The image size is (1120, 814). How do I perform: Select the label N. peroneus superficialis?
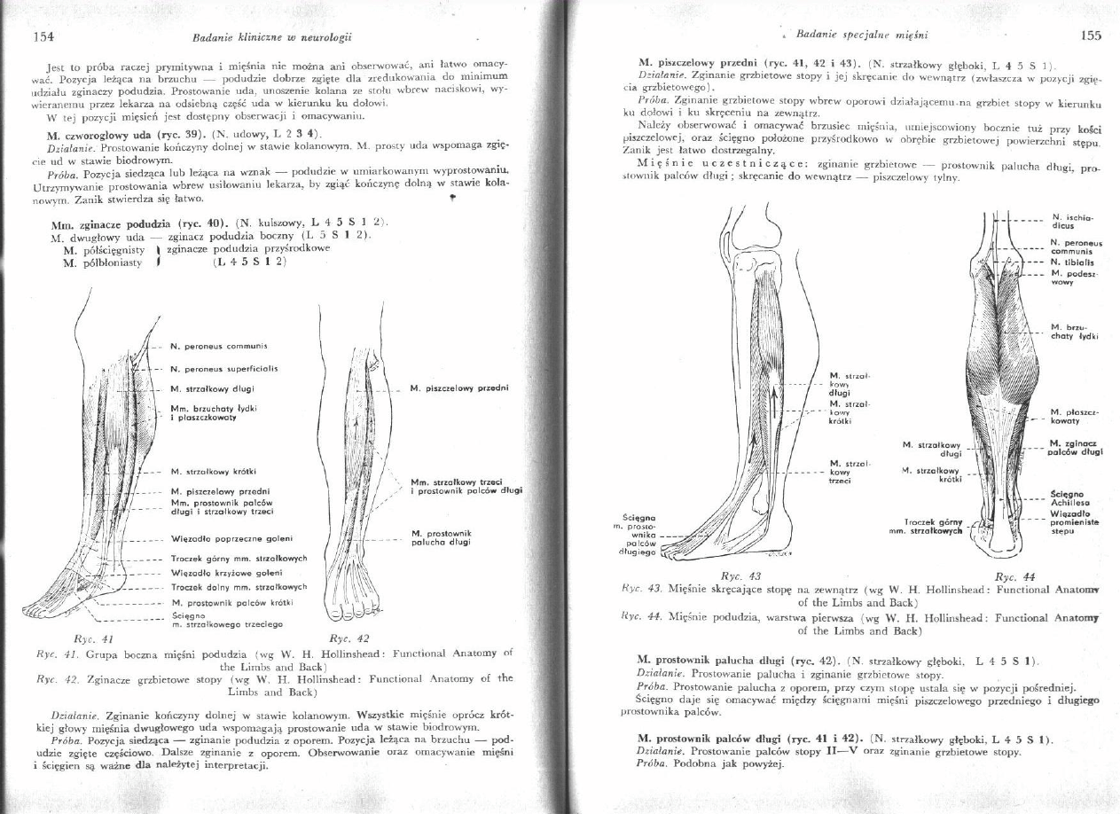point(224,367)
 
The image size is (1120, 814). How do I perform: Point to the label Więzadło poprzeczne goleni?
point(231,537)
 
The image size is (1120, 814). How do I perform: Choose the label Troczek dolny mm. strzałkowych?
point(238,587)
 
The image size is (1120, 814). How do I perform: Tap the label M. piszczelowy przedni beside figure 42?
point(465,387)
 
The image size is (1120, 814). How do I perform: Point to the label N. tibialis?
point(1070,261)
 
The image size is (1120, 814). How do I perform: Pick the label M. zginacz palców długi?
point(1075,447)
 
